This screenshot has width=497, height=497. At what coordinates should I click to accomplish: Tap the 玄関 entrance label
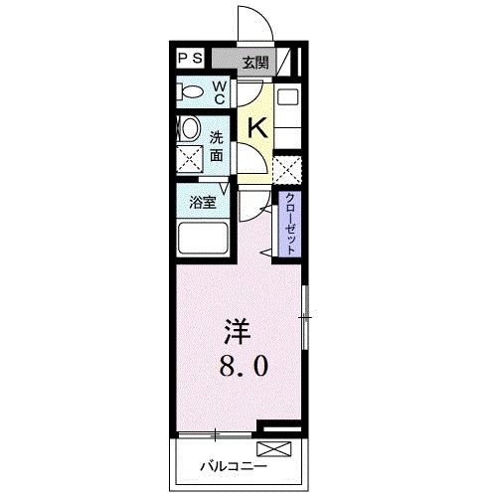click(x=255, y=62)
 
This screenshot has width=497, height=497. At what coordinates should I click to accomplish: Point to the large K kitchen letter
click(x=256, y=128)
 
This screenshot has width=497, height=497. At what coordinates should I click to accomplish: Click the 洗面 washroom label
click(x=217, y=147)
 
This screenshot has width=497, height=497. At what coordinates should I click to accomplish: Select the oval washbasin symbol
click(x=188, y=130)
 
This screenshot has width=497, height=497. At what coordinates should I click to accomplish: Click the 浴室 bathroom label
click(x=204, y=202)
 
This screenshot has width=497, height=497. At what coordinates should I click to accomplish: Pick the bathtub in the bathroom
click(x=205, y=241)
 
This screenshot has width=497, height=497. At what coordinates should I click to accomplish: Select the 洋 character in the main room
click(x=236, y=329)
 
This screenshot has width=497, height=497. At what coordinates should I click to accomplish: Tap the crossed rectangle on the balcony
click(x=281, y=449)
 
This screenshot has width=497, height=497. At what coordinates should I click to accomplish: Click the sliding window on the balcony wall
click(x=216, y=434)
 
